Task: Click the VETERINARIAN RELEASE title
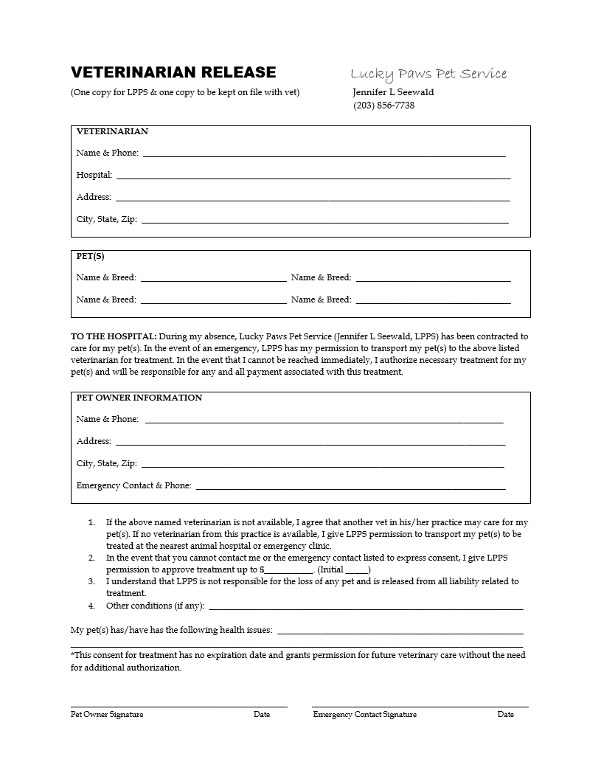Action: coord(173,72)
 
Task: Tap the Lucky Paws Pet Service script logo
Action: coord(428,74)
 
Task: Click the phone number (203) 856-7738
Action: coord(384,105)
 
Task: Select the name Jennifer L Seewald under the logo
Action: coord(394,92)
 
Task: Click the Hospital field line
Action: coord(313,177)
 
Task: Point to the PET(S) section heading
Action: coord(91,257)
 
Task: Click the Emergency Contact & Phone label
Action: coord(133,485)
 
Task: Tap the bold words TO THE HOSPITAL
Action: coord(114,336)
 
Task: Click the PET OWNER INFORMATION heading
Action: coord(139,398)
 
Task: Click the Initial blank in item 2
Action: coord(357,571)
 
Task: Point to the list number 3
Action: coord(91,581)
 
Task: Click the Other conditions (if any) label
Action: coord(155,606)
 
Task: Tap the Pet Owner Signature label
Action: coord(107,714)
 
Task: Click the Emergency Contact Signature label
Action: coord(365,714)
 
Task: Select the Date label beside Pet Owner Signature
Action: coord(262,714)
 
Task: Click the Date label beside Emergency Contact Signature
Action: coord(506,714)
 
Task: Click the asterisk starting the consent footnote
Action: coord(73,654)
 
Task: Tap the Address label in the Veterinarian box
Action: coord(94,197)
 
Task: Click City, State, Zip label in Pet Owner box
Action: coord(106,463)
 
